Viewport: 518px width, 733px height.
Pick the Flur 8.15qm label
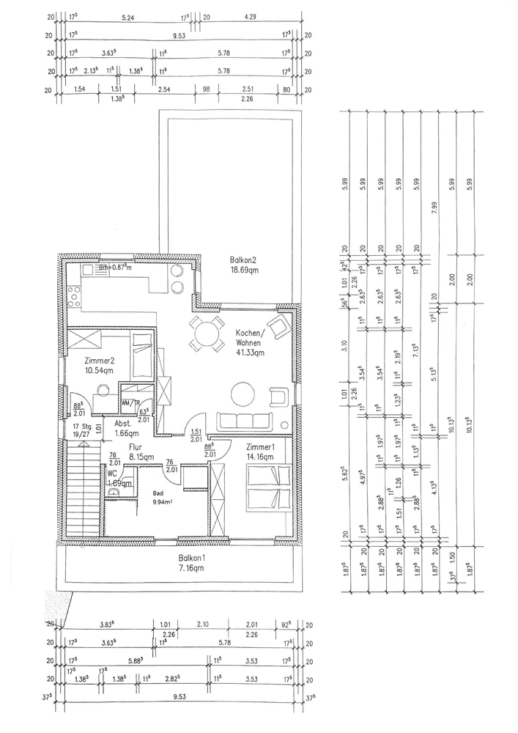point(141,451)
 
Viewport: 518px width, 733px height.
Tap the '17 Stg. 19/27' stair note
point(81,432)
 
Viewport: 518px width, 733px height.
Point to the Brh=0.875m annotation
point(116,268)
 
